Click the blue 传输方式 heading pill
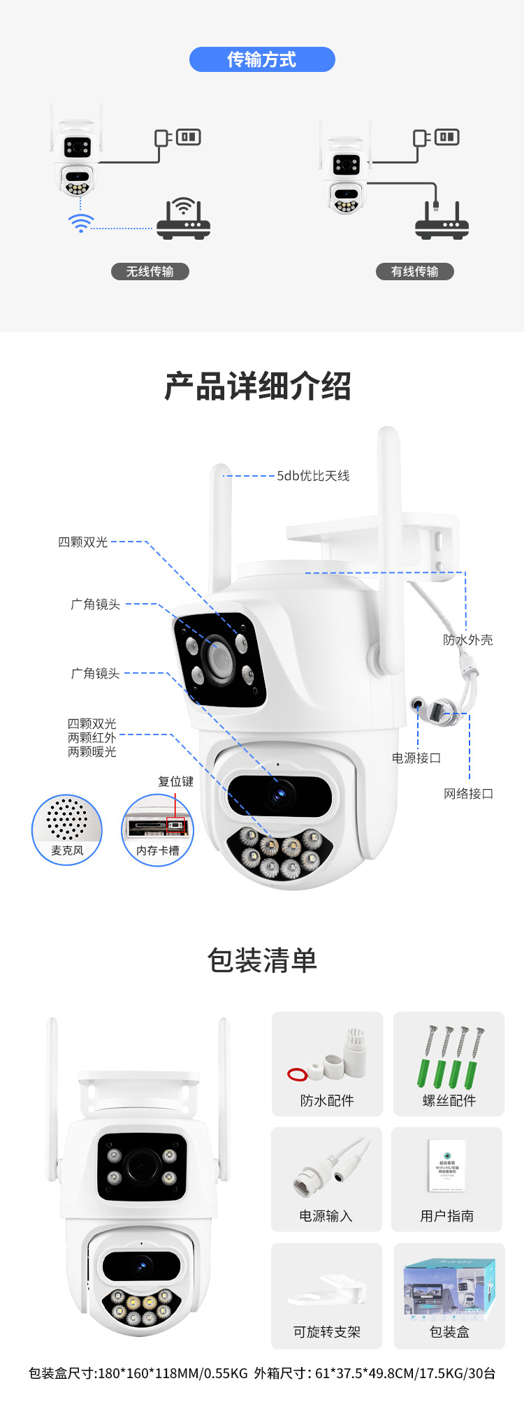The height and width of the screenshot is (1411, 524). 262,59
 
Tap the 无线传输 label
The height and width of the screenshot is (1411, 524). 150,271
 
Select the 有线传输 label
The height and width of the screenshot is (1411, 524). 414,271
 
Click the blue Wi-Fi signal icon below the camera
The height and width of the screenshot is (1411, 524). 80,223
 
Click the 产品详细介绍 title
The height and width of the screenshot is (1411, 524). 258,386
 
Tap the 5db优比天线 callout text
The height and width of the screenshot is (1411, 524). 313,476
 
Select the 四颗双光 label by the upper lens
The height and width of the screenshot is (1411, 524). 83,542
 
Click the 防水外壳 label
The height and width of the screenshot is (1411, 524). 467,639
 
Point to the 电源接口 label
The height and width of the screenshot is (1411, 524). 416,758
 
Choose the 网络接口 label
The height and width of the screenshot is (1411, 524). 468,793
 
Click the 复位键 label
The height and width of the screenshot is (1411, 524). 175,781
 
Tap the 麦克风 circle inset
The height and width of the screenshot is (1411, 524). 67,830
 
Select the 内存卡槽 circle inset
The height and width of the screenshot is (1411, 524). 157,830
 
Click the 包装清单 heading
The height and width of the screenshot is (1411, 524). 262,960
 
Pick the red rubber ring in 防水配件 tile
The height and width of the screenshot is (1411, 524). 297,1073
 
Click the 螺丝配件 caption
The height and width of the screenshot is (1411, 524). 449,1101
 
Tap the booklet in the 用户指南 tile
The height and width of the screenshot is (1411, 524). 447,1165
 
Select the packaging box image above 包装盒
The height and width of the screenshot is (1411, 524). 449,1287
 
